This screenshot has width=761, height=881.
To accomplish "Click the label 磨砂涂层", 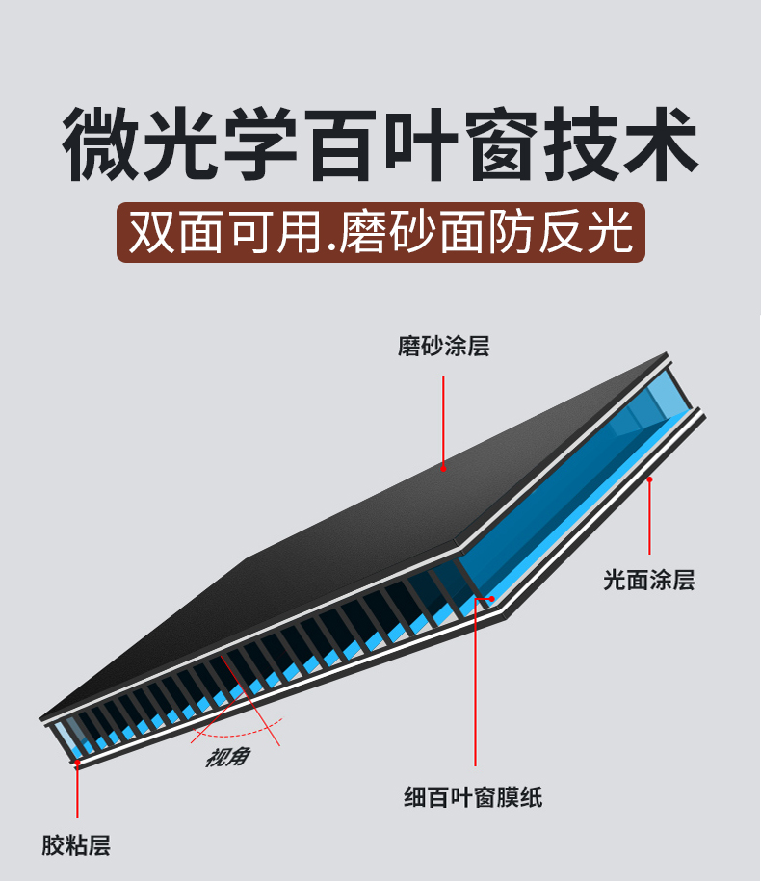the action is coord(443,347).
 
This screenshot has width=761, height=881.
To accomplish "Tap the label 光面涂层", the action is coord(648,580).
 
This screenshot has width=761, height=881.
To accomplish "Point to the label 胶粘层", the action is coord(76,846).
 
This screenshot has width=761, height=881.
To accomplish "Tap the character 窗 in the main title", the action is coord(502,144).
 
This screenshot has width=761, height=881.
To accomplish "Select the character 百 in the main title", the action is coord(342,144).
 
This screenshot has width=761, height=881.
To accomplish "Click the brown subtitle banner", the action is coord(380,231).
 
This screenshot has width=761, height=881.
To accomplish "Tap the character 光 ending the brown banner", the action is coord(609,231).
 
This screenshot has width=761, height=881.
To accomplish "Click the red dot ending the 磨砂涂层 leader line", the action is coord(443,469).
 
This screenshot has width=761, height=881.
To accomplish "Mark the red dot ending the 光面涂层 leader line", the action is coord(650,479).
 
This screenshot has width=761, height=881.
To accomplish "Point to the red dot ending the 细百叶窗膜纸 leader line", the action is coord(491,599).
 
